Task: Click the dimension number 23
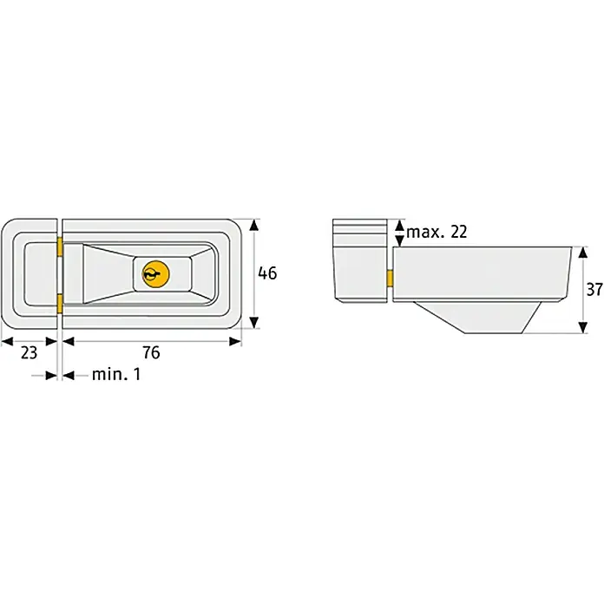click(29, 352)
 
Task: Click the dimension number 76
click(151, 352)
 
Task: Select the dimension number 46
click(267, 273)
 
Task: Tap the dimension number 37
click(594, 289)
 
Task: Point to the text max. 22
click(437, 232)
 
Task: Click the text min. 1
click(116, 374)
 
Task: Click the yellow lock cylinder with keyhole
click(155, 274)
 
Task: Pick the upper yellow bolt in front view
click(60, 246)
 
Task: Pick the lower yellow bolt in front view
click(60, 304)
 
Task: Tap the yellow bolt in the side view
click(390, 279)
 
